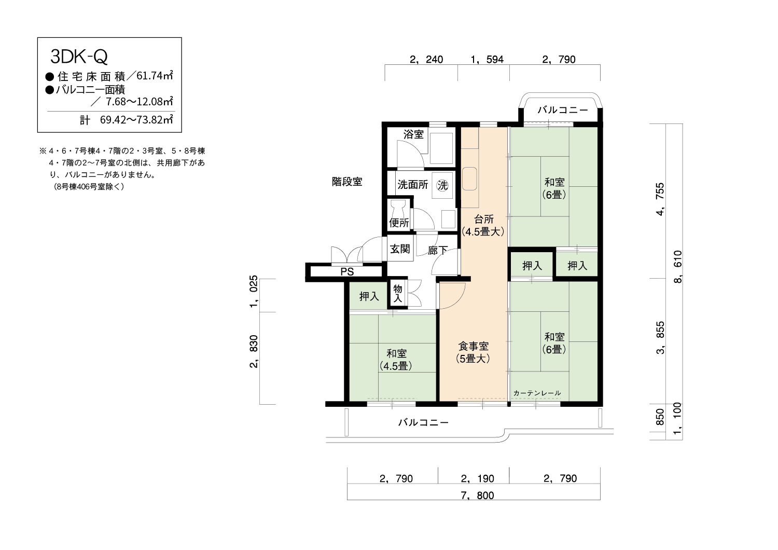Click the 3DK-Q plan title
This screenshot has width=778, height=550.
pyautogui.click(x=79, y=57)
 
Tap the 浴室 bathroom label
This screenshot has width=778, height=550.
pyautogui.click(x=413, y=134)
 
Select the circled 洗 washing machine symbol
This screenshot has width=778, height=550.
pyautogui.click(x=442, y=185)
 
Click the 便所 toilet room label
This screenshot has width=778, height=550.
pyautogui.click(x=399, y=223)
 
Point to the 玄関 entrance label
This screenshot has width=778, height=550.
pyautogui.click(x=400, y=249)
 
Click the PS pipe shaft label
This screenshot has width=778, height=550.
pyautogui.click(x=347, y=272)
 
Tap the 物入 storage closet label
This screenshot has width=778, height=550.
pyautogui.click(x=398, y=294)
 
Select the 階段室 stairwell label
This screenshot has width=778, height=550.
pyautogui.click(x=347, y=182)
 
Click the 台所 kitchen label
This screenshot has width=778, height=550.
pyautogui.click(x=483, y=219)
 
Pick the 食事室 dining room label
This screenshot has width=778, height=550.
pyautogui.click(x=473, y=346)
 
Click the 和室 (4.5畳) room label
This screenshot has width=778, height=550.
pyautogui.click(x=396, y=360)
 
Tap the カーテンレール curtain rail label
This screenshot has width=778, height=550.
pyautogui.click(x=537, y=393)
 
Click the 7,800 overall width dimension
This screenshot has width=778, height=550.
pyautogui.click(x=477, y=496)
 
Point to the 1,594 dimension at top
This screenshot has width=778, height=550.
pyautogui.click(x=487, y=60)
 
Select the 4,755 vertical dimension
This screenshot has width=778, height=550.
pyautogui.click(x=660, y=199)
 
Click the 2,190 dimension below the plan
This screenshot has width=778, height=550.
pyautogui.click(x=477, y=479)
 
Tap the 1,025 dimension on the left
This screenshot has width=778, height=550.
pyautogui.click(x=254, y=292)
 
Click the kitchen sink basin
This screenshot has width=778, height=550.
pyautogui.click(x=469, y=178)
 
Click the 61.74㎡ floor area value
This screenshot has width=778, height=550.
pyautogui.click(x=155, y=75)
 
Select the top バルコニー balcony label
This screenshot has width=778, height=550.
pyautogui.click(x=563, y=110)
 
